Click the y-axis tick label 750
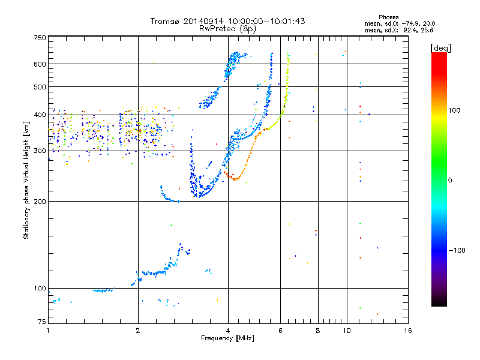[40, 38]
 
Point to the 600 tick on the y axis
[40, 64]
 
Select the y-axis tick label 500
[40, 87]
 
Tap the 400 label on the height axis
[40, 115]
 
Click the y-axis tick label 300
[40, 151]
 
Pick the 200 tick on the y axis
[40, 202]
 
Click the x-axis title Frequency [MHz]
[227, 339]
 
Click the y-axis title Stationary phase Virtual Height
[26, 180]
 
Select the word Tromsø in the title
[165, 22]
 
